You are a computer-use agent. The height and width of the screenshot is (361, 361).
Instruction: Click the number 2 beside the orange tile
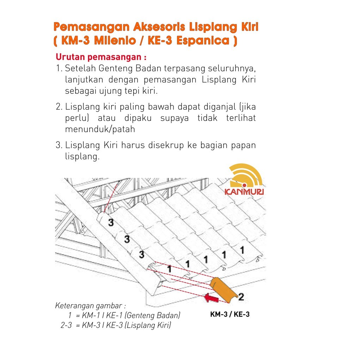click(241, 297)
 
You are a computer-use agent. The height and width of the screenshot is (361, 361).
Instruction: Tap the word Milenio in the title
click(118, 41)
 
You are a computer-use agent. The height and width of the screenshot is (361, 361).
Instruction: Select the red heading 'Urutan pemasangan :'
click(101, 57)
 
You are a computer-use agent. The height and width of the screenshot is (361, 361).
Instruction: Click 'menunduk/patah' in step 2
click(100, 129)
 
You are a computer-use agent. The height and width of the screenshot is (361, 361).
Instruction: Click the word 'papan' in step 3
click(243, 145)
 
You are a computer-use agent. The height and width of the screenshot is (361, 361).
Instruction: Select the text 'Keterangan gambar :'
click(91, 305)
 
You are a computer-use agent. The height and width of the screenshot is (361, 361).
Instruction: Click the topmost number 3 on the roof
click(111, 222)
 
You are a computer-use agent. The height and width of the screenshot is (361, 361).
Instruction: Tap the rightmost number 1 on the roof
click(242, 250)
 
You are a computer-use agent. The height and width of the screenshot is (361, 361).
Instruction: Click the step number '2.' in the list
click(59, 106)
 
